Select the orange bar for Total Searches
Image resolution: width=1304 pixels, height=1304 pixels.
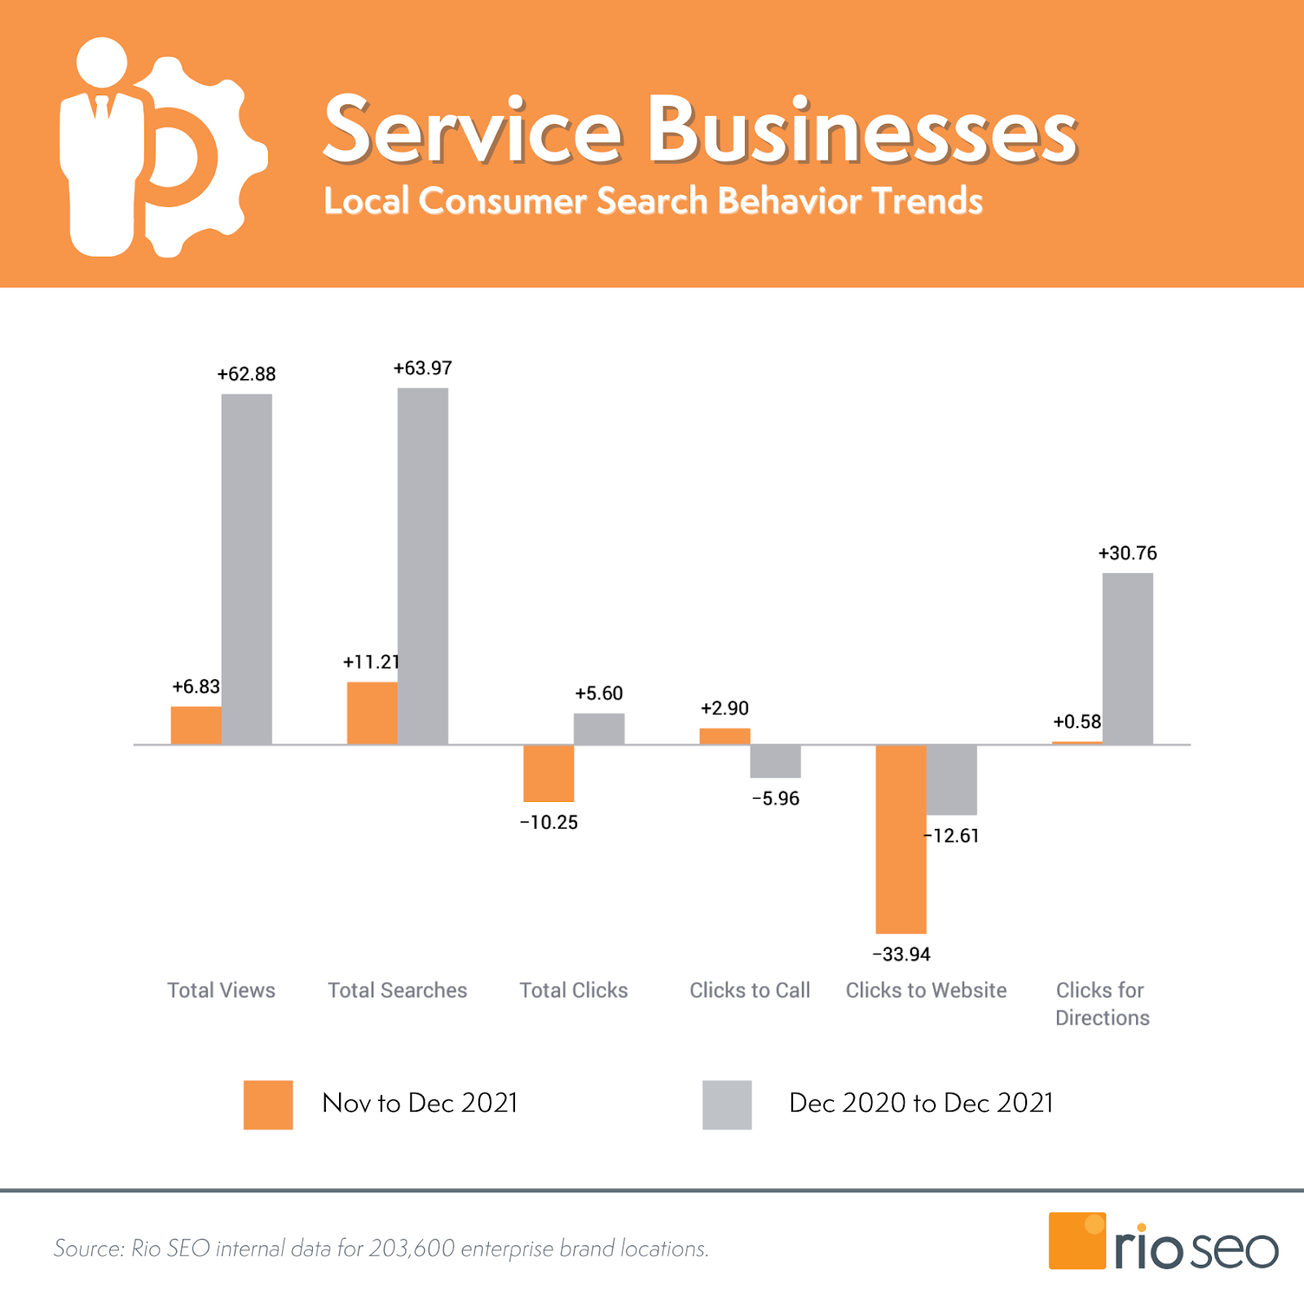[x=372, y=713]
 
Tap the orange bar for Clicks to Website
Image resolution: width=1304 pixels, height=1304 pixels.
[x=901, y=839]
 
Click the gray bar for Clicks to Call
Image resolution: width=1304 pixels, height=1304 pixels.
[x=775, y=761]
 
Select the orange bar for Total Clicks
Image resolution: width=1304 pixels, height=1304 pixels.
[x=548, y=773]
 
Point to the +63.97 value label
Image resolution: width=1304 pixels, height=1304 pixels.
[x=422, y=368]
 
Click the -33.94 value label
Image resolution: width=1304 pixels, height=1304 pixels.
[x=901, y=954]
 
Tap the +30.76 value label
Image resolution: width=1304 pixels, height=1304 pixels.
[x=1127, y=553]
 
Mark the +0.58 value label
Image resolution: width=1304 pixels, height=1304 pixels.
[x=1077, y=722]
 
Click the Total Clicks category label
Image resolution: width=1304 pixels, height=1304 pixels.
[x=574, y=990]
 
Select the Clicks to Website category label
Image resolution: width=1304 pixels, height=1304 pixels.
[x=926, y=990]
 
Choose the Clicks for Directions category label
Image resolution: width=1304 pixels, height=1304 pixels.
[x=1102, y=1004]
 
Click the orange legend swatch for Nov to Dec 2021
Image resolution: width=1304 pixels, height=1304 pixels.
[x=268, y=1104]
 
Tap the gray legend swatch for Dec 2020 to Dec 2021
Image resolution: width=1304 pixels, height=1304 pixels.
[x=727, y=1104]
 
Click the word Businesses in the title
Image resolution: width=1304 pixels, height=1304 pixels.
[x=862, y=130]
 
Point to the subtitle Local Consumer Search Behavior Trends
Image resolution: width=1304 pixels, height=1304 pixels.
[x=653, y=201]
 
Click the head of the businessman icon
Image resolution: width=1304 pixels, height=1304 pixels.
[x=102, y=62]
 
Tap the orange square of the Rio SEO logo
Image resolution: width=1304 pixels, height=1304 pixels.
[x=1077, y=1240]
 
